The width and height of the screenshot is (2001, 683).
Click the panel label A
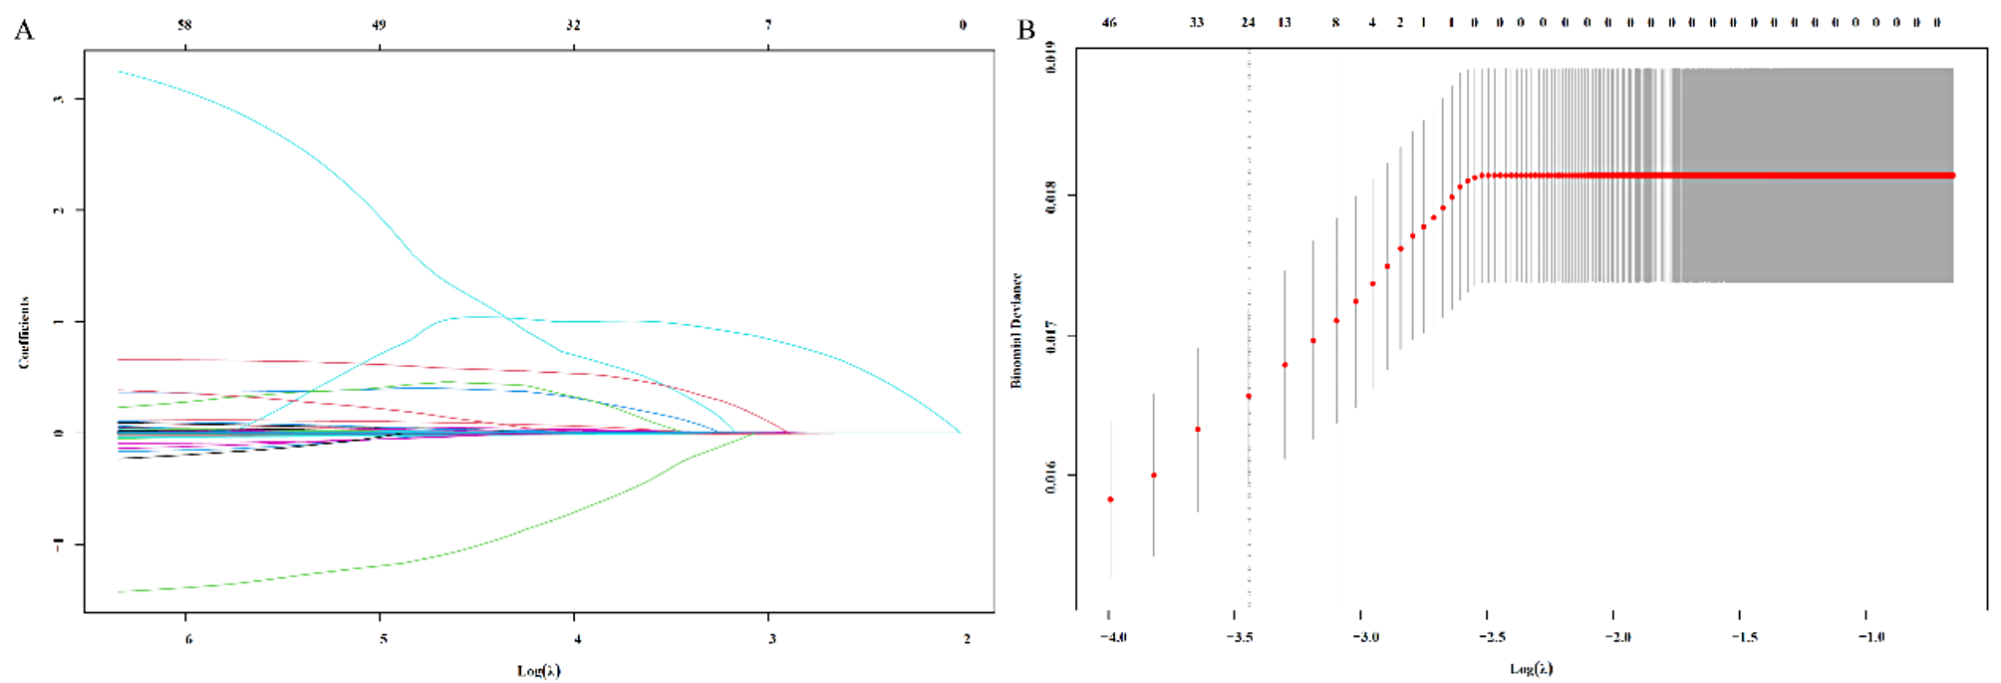(24, 30)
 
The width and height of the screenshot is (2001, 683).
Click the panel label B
(1025, 30)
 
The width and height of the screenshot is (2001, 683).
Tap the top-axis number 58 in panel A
(184, 25)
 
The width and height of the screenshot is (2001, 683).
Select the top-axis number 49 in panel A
(379, 25)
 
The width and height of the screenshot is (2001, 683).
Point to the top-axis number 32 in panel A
(573, 25)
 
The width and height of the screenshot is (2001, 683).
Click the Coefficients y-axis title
(24, 333)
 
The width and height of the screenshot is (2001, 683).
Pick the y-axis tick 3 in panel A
(59, 99)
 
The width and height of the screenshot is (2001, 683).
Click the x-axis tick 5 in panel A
(383, 638)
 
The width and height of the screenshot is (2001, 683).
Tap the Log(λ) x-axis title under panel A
(538, 670)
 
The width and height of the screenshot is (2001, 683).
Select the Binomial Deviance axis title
(1016, 330)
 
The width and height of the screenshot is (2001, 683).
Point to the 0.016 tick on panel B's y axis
(1051, 476)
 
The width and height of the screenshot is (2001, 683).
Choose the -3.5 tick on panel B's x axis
(1240, 637)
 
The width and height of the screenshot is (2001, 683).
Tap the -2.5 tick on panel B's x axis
(1492, 637)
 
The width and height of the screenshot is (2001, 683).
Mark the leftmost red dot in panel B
(1110, 500)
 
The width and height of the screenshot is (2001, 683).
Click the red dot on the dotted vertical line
(1249, 396)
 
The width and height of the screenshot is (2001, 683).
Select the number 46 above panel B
(1109, 23)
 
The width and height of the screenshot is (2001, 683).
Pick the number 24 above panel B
(1248, 23)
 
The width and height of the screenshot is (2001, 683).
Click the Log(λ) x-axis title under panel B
(1531, 668)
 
